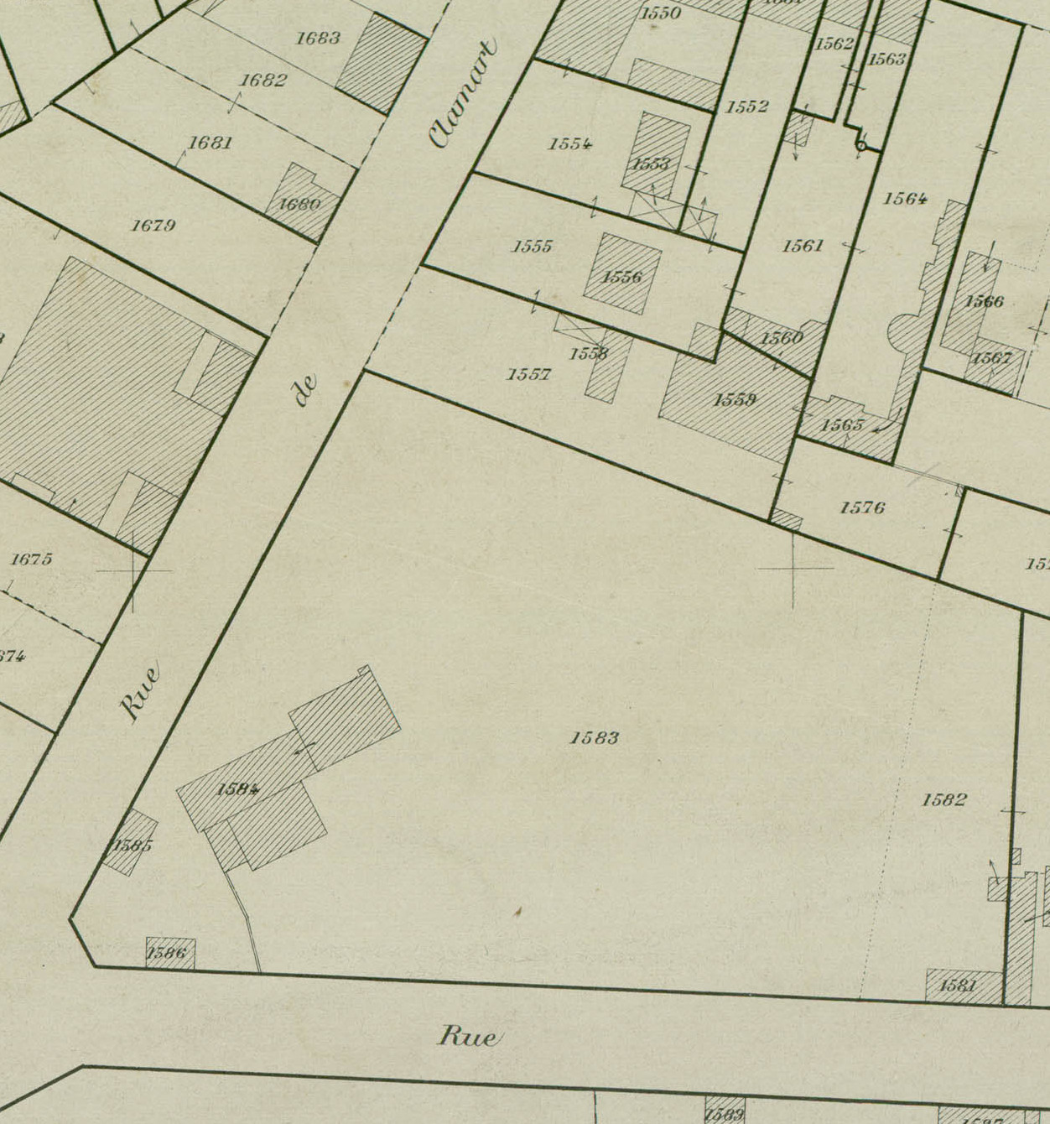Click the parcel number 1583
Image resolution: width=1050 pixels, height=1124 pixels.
click(x=595, y=738)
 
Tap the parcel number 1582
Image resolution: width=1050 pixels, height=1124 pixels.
click(x=944, y=799)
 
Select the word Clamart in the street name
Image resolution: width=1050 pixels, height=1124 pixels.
click(x=463, y=93)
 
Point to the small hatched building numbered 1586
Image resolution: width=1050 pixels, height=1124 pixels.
click(x=169, y=953)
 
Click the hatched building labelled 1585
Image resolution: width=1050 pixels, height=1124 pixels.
click(x=131, y=843)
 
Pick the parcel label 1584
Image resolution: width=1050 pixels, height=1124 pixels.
click(x=237, y=789)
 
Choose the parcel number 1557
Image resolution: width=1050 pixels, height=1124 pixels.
click(x=528, y=374)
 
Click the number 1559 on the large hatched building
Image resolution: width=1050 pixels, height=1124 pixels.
click(x=735, y=400)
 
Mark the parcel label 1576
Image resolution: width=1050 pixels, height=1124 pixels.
click(x=862, y=507)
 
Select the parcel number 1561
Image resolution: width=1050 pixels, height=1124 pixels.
click(x=803, y=246)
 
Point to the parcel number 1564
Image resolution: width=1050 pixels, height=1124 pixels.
click(x=905, y=199)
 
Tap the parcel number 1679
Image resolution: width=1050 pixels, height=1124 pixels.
click(x=153, y=226)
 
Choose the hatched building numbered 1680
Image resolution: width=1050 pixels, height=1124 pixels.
click(x=300, y=203)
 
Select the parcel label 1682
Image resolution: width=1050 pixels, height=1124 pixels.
click(x=263, y=81)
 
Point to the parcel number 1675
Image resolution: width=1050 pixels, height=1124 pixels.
click(x=32, y=559)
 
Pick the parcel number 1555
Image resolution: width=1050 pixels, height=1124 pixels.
click(x=533, y=247)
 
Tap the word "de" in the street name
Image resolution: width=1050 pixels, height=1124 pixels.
click(x=307, y=390)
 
